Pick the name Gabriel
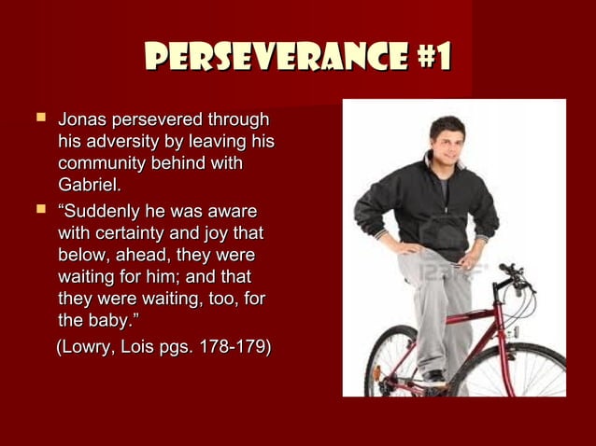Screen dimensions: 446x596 pyautogui.click(x=90, y=186)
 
